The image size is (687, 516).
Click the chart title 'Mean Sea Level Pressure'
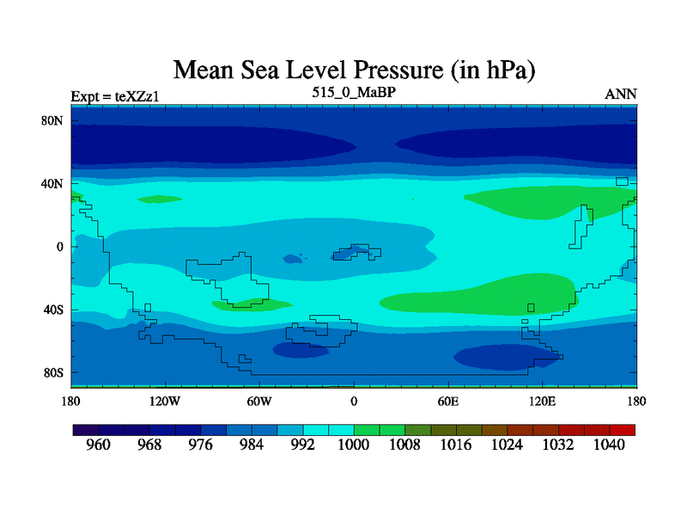tap(361, 70)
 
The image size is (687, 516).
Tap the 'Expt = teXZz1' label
tap(115, 95)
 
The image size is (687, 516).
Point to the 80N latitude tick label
tap(54, 121)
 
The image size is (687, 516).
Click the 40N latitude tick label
tap(54, 184)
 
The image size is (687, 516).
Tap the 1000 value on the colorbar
tap(353, 445)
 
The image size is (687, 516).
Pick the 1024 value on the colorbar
tap(507, 445)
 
